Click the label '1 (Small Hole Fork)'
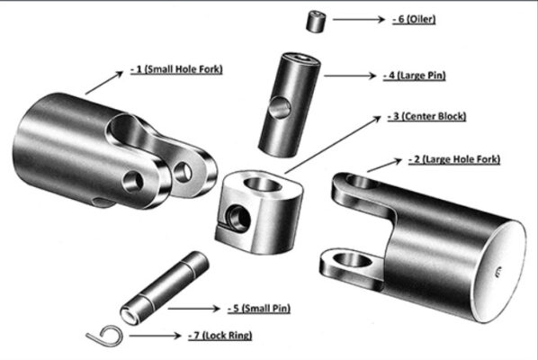point(176,69)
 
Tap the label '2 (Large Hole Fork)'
point(454,159)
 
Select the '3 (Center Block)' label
point(426,117)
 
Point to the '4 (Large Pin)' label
point(414,76)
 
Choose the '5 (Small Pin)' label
point(259,308)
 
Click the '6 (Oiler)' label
point(414,19)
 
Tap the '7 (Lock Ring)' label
point(220,336)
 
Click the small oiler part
point(316,22)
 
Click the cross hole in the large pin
point(280,108)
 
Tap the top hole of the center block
point(263,184)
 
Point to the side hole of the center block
point(238,219)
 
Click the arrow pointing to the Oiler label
point(359,20)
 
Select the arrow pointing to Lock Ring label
point(156,336)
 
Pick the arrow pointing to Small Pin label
point(193,309)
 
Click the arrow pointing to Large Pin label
point(350,76)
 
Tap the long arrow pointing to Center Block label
point(333,145)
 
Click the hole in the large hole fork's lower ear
point(352,261)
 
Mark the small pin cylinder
point(165,288)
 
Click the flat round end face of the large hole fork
point(500,272)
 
